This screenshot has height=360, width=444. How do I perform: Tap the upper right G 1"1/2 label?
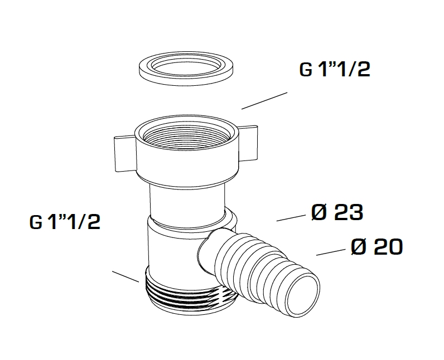point(335,69)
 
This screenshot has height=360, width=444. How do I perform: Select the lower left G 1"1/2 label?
point(65,222)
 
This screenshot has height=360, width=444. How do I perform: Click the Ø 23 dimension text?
point(337,212)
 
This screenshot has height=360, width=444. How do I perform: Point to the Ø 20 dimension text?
point(377,247)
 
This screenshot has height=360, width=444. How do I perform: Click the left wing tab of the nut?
point(125,154)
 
